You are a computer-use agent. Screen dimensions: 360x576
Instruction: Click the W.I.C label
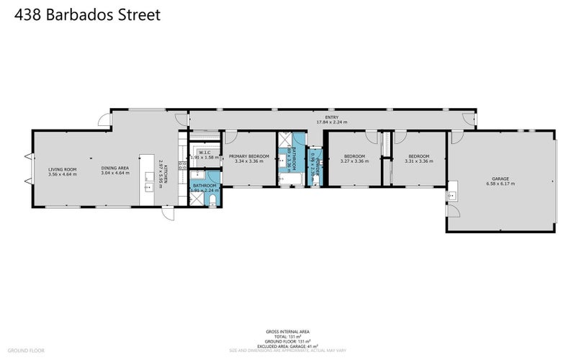204,153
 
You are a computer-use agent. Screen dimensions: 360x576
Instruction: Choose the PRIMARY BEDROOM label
248,156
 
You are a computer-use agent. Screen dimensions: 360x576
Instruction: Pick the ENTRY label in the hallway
332,117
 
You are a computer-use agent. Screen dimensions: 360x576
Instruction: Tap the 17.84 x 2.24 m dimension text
332,122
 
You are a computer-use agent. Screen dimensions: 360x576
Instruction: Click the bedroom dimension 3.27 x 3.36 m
354,161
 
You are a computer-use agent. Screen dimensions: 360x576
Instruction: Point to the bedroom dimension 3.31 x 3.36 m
419,161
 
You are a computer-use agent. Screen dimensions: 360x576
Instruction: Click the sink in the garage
454,194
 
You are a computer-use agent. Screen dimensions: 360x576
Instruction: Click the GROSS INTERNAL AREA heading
288,332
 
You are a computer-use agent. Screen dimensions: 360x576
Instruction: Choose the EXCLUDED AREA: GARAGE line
288,346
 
